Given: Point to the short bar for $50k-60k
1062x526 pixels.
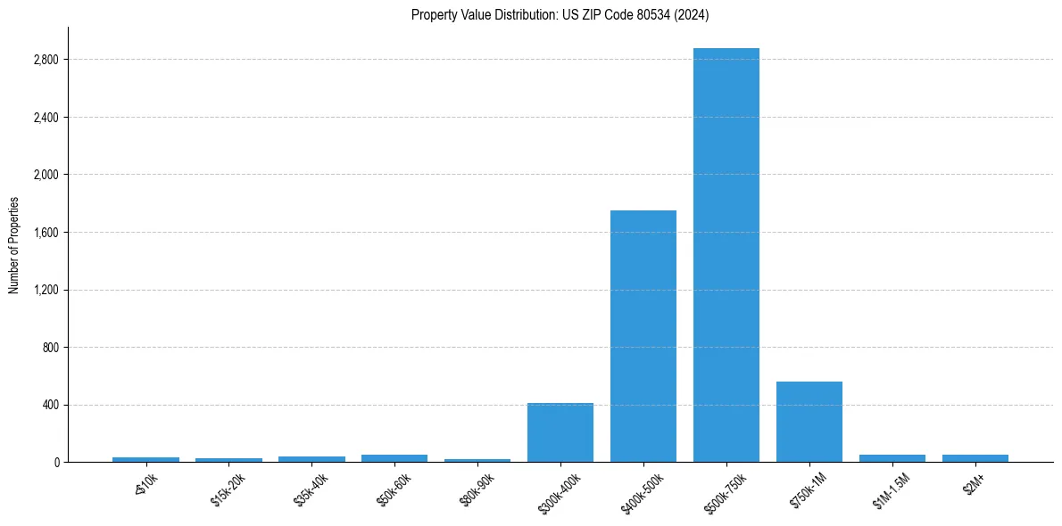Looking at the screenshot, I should [x=394, y=458].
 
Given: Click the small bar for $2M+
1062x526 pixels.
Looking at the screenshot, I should [x=975, y=458].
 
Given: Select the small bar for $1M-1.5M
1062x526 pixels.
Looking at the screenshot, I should [x=892, y=458].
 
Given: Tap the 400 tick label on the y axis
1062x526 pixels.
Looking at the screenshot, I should [x=50, y=405].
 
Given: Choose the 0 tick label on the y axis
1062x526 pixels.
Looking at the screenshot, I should [x=55, y=463].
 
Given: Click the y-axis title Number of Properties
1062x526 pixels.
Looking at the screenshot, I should [x=14, y=245].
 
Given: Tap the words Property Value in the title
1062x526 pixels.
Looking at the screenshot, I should [x=444, y=14].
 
